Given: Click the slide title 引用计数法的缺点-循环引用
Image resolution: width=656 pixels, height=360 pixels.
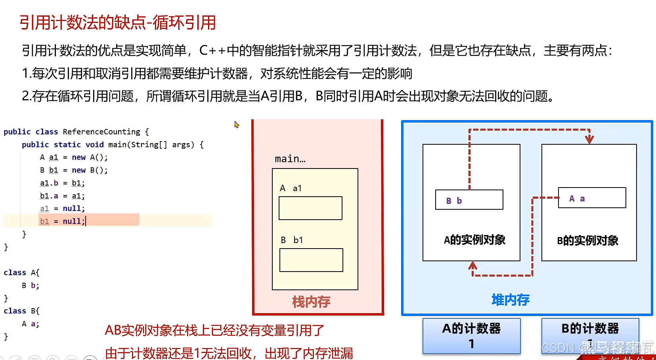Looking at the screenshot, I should point(118,23).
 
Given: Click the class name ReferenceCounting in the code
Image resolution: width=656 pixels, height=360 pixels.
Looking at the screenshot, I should point(101,132).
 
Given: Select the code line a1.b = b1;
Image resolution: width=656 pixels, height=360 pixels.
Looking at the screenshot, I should point(62,183).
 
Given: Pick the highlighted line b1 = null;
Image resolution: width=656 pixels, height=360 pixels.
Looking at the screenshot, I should point(62,221).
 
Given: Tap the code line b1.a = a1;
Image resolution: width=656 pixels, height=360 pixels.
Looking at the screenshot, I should point(62,196).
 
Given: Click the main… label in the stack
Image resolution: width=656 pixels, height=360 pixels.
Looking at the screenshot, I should point(290,159).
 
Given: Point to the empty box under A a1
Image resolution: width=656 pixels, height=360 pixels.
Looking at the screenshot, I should point(310,208).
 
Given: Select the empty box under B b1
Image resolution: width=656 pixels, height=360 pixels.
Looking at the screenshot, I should point(311,260).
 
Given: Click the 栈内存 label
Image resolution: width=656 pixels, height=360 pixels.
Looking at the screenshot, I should point(311,302).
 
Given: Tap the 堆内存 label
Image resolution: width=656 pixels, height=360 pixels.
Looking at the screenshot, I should point(511,300).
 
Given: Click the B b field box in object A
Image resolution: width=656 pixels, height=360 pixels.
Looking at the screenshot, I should point(469,200).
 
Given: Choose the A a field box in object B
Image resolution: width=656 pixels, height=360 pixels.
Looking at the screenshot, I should point(592,198).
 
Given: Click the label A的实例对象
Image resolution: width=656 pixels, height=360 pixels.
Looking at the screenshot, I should point(474,240).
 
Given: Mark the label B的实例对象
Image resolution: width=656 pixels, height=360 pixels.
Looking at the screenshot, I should point(587,241).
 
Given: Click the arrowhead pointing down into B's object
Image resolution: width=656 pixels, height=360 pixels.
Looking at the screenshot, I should point(589,139).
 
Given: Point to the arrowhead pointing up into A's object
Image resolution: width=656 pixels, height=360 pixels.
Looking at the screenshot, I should point(472,265).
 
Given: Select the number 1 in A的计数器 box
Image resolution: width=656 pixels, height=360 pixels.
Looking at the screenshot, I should point(471,344).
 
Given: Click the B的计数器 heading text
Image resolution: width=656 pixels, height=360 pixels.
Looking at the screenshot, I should point(590,328).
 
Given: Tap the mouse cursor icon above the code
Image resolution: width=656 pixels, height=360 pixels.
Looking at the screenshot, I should point(237,124).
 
